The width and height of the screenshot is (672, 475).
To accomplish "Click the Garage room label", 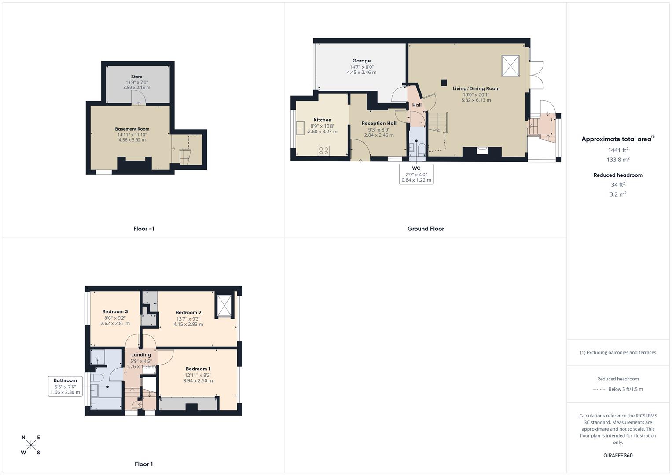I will (x=361, y=61).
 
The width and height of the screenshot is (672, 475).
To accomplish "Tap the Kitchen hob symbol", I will (x=323, y=151).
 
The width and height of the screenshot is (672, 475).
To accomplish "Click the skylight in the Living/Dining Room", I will (x=510, y=66).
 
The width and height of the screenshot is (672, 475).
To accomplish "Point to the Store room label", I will (x=136, y=77).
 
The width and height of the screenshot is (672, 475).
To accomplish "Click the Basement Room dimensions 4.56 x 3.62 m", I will (x=132, y=140).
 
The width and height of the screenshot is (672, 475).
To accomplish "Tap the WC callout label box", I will (x=416, y=174).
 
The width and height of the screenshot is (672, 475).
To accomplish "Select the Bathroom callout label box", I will (x=65, y=386).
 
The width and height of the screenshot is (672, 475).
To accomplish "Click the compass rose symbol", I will (x=31, y=445).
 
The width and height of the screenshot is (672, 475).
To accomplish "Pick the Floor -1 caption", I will (x=144, y=229).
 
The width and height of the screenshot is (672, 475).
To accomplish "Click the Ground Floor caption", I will (x=426, y=229).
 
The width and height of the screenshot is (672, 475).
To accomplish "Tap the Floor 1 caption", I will (x=144, y=464).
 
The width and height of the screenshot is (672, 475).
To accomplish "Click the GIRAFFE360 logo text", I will (x=618, y=455).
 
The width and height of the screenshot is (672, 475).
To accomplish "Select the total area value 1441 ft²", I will (x=618, y=150).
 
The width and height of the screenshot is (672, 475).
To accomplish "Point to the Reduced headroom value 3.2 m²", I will (x=618, y=194).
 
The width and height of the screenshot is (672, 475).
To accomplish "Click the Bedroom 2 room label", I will (x=188, y=313).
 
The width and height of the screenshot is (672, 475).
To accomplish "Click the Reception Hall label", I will (x=379, y=124).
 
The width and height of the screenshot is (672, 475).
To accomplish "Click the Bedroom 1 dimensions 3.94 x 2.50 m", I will (x=198, y=380).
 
